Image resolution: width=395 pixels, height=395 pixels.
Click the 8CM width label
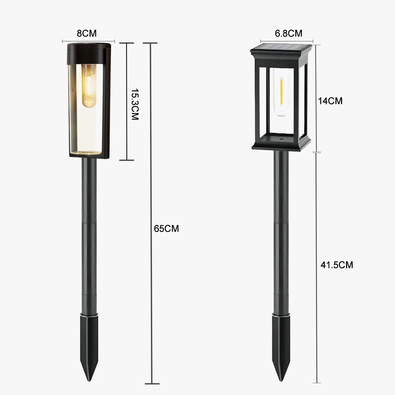coord(87,33)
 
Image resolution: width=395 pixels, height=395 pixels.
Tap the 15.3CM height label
coord(135,105)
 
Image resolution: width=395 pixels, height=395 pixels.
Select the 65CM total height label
coord(166,228)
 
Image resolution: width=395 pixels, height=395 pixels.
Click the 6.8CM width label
coord(288,33)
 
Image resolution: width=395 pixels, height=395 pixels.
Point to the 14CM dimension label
coord(330,101)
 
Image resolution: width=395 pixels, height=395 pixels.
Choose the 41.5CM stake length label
coord(337,265)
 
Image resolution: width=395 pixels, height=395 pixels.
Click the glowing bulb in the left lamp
coord(88,86)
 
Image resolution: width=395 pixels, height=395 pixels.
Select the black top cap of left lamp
coord(88,54)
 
